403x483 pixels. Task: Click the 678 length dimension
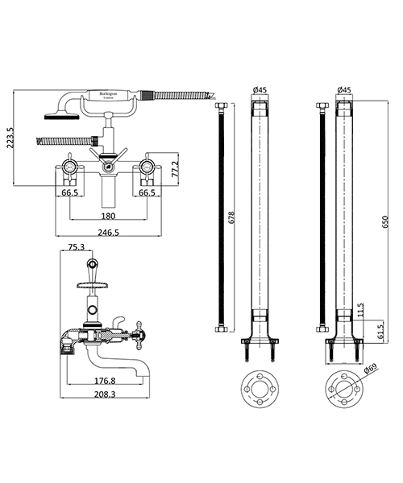[232, 217]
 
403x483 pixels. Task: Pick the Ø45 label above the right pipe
[343, 90]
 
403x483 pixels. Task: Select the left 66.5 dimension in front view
[69, 193]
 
